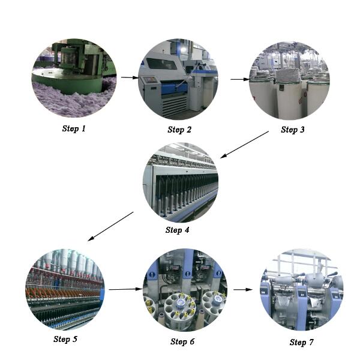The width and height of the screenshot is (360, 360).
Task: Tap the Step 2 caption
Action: (179, 130)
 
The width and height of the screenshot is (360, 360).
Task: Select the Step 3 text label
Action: (293, 130)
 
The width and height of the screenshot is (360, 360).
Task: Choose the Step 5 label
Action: (65, 340)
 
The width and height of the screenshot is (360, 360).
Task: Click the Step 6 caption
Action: (182, 341)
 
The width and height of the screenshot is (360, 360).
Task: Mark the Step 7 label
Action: (302, 342)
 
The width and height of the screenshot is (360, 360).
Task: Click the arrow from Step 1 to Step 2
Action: (129, 77)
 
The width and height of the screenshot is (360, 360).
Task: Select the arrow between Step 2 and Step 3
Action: (240, 79)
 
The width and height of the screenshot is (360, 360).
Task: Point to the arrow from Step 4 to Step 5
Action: (110, 226)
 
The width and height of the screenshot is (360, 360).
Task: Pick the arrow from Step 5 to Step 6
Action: (124, 289)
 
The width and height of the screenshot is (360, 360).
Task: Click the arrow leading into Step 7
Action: (243, 289)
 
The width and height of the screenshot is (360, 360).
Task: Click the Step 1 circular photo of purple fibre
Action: (74, 79)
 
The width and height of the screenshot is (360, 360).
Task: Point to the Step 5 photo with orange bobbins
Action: (65, 289)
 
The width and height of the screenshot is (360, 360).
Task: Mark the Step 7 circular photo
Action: (301, 290)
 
